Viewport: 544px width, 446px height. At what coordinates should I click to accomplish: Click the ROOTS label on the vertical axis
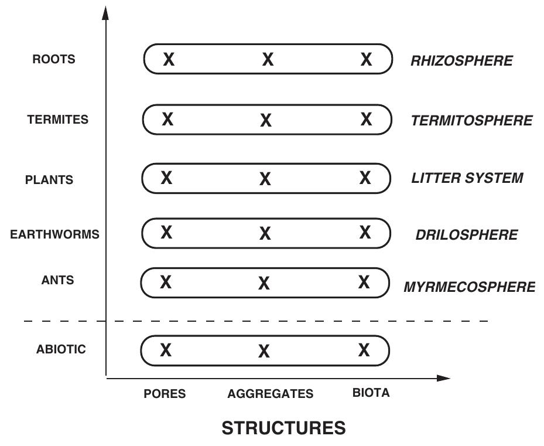[x=53, y=60]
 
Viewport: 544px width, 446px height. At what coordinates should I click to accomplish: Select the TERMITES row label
[x=57, y=120]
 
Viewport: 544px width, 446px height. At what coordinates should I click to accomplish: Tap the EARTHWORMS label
[x=54, y=234]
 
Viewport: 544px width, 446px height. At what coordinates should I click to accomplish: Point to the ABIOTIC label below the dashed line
[x=60, y=349]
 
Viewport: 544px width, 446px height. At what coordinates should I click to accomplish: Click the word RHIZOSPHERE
[x=461, y=61]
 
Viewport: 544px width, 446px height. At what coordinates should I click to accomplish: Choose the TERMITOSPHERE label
[x=471, y=121]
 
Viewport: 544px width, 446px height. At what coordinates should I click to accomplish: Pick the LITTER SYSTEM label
[x=467, y=178]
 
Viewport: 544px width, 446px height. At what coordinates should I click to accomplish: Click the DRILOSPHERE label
[x=466, y=235]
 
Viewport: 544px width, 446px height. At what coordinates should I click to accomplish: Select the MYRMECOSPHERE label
[x=469, y=287]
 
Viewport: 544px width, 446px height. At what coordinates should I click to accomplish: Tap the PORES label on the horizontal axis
[x=165, y=394]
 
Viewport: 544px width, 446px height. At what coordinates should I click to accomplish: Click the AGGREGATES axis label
[x=270, y=394]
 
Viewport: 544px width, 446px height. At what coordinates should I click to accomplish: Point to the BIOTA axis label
[x=371, y=393]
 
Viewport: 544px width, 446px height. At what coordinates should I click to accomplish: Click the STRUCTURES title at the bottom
[x=283, y=428]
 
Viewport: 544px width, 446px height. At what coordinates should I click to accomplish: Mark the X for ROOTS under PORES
[x=169, y=59]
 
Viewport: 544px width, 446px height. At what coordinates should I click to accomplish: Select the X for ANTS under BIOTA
[x=364, y=282]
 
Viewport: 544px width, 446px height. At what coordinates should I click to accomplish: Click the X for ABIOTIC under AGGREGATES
[x=264, y=351]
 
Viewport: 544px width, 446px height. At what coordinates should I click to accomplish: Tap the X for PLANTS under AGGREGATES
[x=265, y=179]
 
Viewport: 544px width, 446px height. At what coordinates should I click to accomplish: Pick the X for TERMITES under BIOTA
[x=366, y=120]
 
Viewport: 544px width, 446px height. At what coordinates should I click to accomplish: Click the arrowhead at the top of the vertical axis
[x=105, y=12]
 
